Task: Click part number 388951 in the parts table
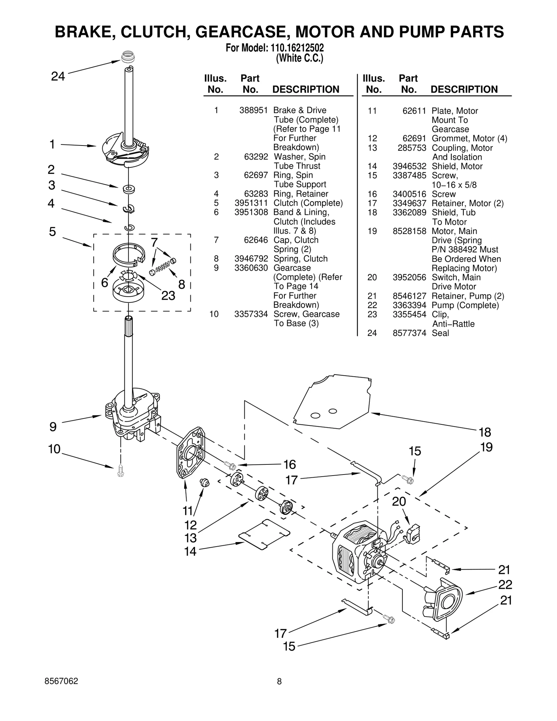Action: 253,110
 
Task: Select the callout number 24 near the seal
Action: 58,76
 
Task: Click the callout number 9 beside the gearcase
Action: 53,426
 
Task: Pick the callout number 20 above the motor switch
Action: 399,501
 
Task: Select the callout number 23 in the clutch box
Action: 168,296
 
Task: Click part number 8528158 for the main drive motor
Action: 409,231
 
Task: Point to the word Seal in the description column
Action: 440,333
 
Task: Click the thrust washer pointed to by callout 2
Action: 129,189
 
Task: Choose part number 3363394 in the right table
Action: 409,305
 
